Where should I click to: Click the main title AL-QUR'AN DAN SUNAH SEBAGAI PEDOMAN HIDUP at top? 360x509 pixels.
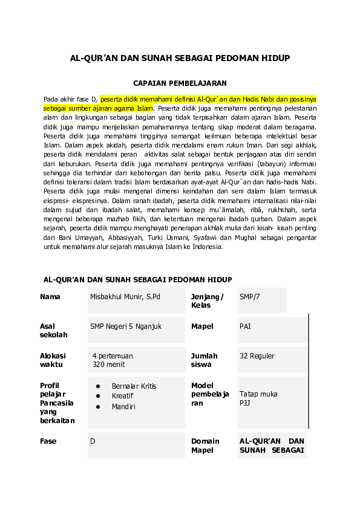[x=180, y=58]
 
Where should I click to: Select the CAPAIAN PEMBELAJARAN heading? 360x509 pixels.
[x=180, y=84]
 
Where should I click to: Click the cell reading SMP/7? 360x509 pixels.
[x=249, y=297]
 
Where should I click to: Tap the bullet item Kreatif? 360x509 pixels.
[x=122, y=396]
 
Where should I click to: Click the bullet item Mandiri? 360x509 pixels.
[x=123, y=407]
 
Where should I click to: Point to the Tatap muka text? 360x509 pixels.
[x=258, y=394]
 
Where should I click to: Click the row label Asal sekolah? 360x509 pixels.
[x=53, y=331]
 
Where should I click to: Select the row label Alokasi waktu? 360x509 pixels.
[x=53, y=360]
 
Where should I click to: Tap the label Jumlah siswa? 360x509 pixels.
[x=204, y=360]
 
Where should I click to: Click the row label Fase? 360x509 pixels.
[x=48, y=441]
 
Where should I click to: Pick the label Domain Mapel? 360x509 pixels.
[x=205, y=446]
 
